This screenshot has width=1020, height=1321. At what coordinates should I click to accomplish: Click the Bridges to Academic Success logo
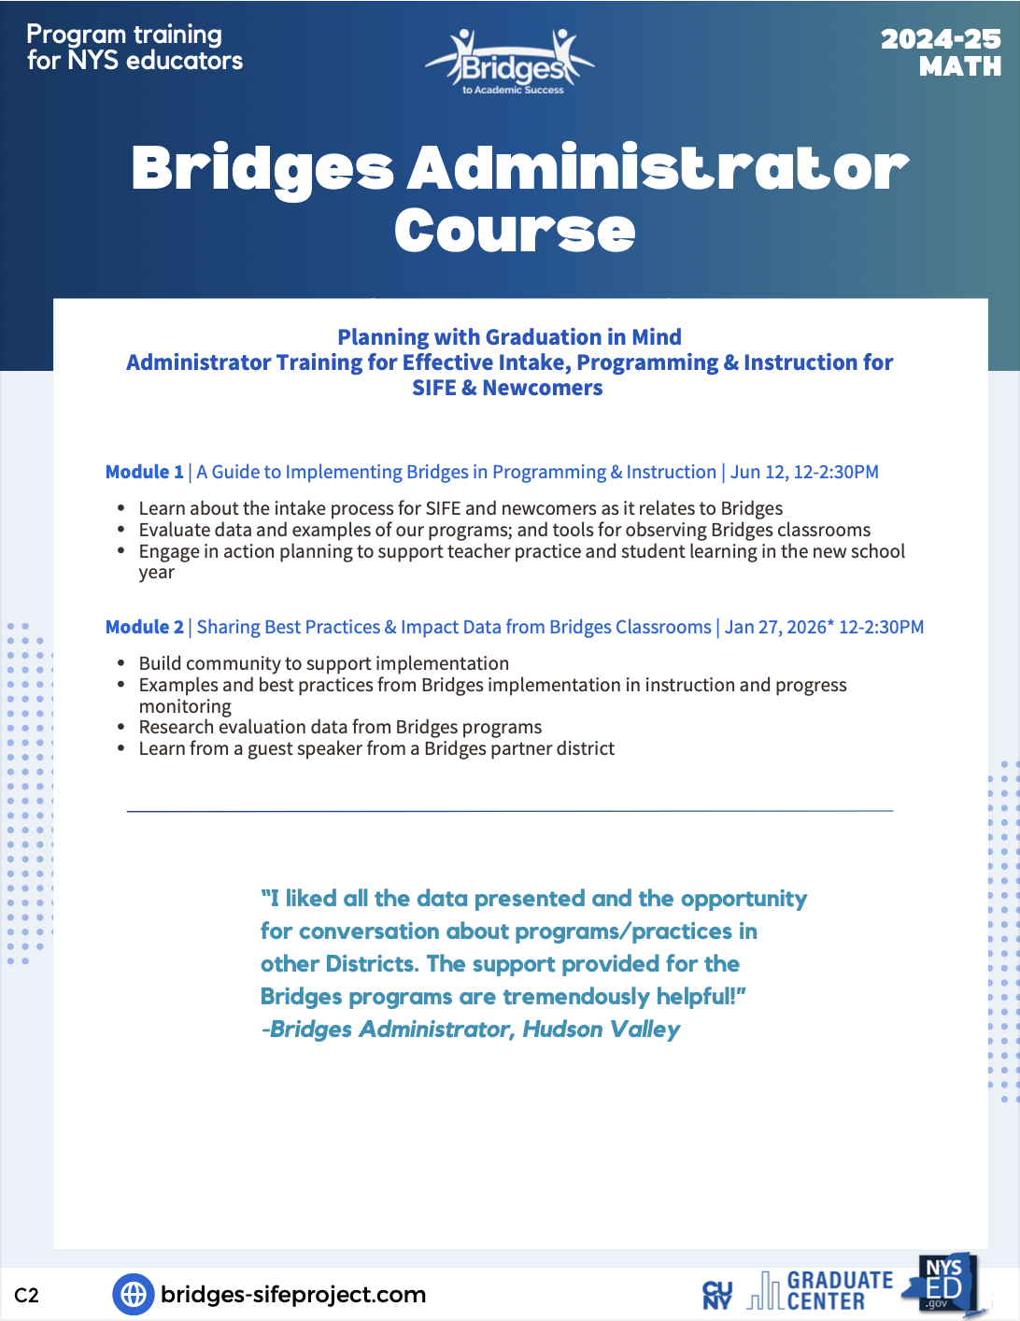(510, 64)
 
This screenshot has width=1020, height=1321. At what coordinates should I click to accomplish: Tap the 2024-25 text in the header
(940, 39)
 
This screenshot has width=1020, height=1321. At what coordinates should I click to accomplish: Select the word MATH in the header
(959, 67)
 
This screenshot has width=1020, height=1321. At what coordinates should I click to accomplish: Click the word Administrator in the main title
(658, 169)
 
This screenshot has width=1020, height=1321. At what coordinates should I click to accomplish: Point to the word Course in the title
(515, 231)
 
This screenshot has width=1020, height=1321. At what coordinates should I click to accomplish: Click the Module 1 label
(145, 472)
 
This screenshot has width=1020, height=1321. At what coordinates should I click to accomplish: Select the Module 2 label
(145, 627)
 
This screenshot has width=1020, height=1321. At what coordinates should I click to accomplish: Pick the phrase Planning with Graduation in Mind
(509, 337)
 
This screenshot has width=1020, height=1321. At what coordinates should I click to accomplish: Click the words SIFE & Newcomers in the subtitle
(507, 388)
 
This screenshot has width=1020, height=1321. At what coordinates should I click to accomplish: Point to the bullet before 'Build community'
(121, 663)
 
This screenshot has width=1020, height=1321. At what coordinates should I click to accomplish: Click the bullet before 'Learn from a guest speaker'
(121, 748)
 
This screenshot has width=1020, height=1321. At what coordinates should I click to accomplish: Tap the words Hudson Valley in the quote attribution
(601, 1030)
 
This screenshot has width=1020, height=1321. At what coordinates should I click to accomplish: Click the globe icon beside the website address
(134, 1294)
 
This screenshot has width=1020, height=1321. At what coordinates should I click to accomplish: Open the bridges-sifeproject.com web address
(293, 1294)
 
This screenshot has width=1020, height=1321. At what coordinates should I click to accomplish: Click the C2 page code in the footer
(27, 1295)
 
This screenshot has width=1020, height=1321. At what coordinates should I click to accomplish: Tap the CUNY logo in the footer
(717, 1295)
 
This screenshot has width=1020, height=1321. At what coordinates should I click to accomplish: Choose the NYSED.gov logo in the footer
(943, 1285)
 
